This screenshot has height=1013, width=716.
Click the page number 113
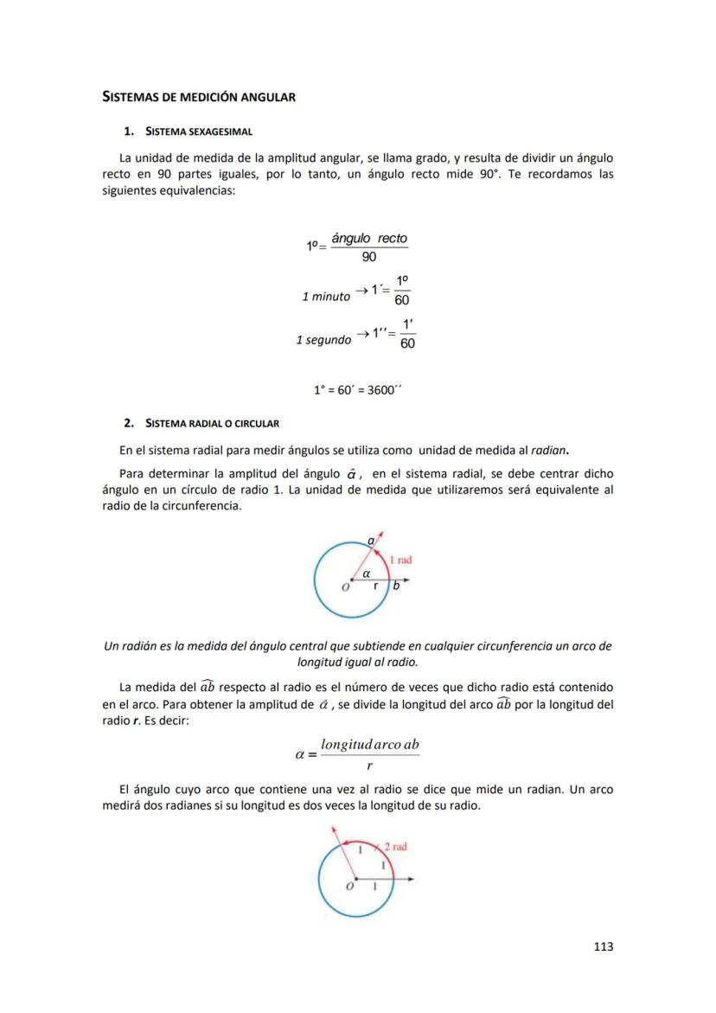coord(604,946)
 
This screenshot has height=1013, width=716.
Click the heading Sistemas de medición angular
coord(199,97)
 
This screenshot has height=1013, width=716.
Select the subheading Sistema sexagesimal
coord(198,131)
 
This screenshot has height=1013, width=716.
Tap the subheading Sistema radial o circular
coord(212,423)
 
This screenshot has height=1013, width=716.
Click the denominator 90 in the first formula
coord(369,258)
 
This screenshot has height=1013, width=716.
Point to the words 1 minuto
coord(326,297)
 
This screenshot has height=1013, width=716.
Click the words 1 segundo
coord(323,340)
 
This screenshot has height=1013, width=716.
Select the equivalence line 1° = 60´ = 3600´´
coord(358,389)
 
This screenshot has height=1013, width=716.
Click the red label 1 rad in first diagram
coord(402,560)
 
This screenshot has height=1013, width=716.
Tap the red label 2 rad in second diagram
coord(395,847)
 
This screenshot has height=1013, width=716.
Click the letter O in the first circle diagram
coord(345,587)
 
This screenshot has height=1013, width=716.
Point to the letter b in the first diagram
coord(396,586)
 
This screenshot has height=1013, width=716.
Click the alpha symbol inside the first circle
coord(366,573)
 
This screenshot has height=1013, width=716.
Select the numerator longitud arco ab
coord(369,745)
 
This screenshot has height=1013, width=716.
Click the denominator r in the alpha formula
coord(369,766)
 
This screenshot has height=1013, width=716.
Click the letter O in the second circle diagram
coord(349,887)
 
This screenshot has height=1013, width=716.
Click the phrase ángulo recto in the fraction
coord(369,238)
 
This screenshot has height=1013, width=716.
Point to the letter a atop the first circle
coord(371,541)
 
